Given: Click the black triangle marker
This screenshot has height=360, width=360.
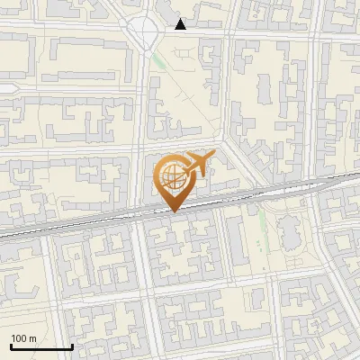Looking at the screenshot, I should coord(181,24).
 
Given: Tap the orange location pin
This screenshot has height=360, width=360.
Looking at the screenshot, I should coord(173,183).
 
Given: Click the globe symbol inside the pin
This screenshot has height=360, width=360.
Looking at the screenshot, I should coord(171,174).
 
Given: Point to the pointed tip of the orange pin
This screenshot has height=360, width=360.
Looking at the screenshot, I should coord(173,211).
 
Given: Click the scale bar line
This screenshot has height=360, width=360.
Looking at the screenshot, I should coord(41,346).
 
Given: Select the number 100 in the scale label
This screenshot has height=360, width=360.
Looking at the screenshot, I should coord(19,338).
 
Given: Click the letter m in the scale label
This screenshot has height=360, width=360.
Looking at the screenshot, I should coord(32,338).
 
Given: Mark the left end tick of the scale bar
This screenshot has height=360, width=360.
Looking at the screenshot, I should coord(11,345).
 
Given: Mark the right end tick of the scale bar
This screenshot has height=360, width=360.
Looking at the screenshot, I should coord(72,345).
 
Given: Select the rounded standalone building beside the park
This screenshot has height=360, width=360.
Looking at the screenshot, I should coord(291,231).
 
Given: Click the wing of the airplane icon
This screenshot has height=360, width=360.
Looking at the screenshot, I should coord(195,169).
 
